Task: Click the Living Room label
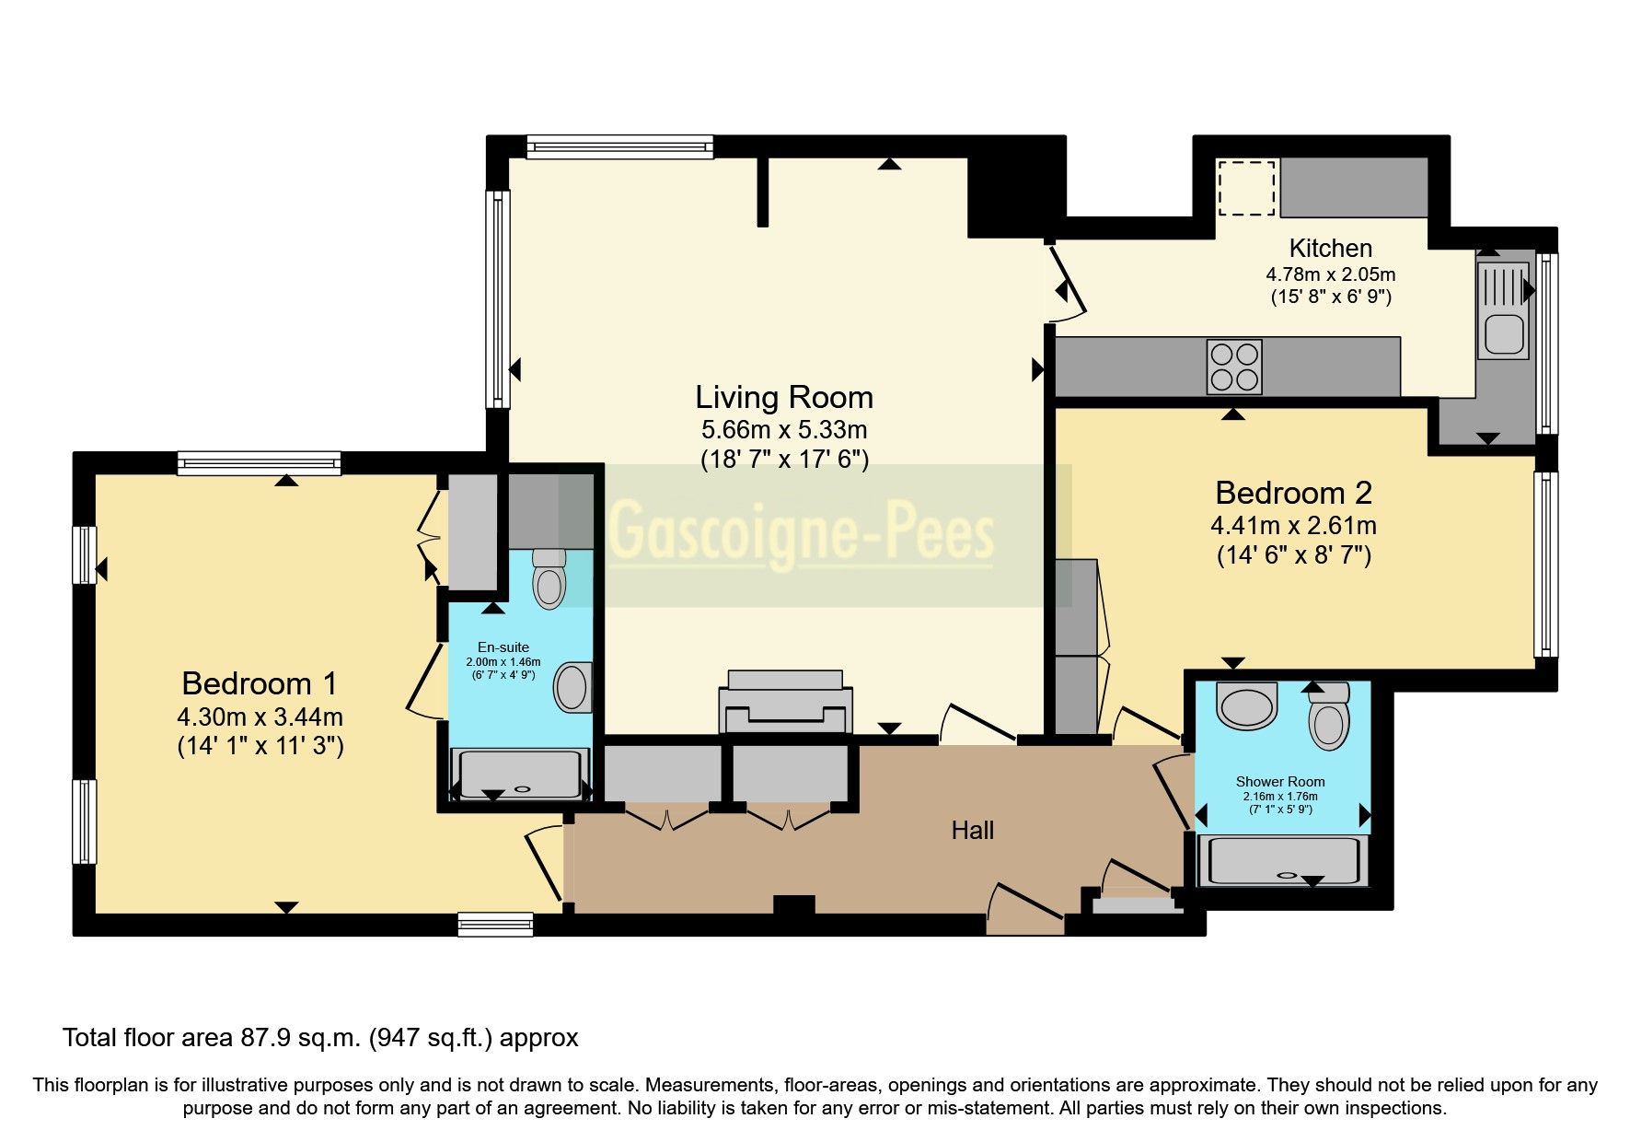pos(783,398)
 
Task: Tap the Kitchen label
pos(1330,248)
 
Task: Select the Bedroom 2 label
pos(1293,493)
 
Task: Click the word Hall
pos(972,831)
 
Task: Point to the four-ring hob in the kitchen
pos(1233,367)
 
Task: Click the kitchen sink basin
pos(1504,333)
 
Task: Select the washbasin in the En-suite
pos(572,687)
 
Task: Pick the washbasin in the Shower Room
pos(1247,705)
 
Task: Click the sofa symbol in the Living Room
pos(785,704)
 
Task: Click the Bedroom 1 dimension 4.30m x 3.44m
pos(260,717)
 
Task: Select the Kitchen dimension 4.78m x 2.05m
pos(1330,274)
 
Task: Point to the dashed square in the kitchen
pos(1247,188)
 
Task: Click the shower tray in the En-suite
pos(520,774)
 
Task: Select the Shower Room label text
pos(1279,782)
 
